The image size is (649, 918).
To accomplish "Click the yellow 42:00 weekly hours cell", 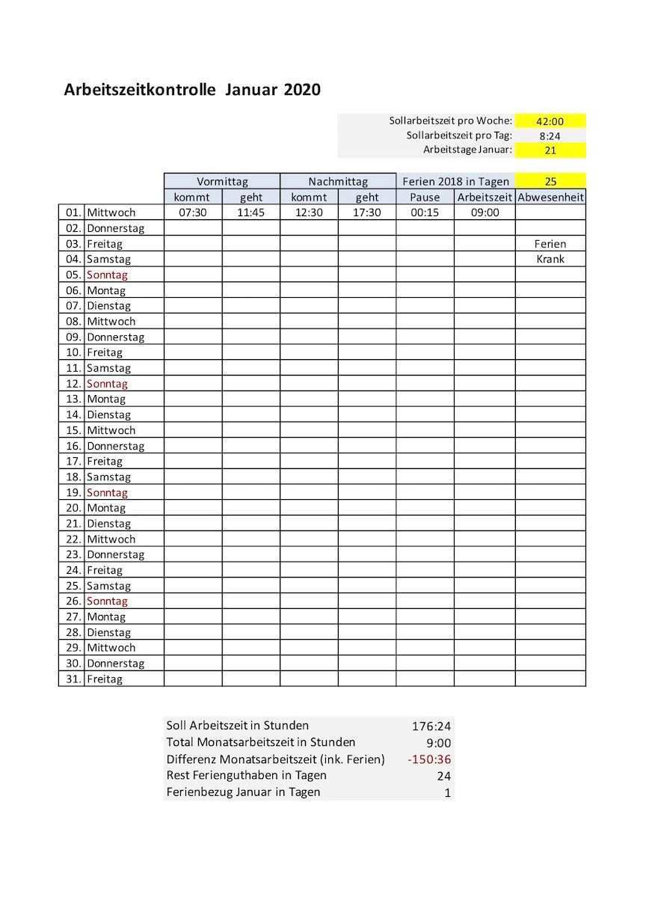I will [x=550, y=121].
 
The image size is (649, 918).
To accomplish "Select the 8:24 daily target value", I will [x=550, y=136].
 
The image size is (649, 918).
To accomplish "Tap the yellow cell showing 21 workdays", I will [x=550, y=150].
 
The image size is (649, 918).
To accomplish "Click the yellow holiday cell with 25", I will [x=550, y=181].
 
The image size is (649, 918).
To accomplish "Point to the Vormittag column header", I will [x=222, y=181].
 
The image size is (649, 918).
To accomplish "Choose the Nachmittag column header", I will [x=338, y=181].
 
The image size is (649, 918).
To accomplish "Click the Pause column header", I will [x=425, y=198].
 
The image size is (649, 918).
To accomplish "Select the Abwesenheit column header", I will [x=550, y=198].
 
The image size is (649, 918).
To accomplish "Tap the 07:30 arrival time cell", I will [x=193, y=212].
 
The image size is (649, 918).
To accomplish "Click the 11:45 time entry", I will [x=251, y=212].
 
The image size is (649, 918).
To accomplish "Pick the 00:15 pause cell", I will [x=425, y=212].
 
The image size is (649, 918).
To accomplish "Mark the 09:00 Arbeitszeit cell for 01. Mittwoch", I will [x=485, y=212].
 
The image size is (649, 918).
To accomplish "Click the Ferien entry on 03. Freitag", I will [x=550, y=244].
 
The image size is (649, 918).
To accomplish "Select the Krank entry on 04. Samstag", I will [x=550, y=260].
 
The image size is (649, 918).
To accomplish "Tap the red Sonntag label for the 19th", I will [x=107, y=493].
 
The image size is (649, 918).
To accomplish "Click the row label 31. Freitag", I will [x=105, y=679].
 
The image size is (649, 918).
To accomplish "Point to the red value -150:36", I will [x=429, y=759].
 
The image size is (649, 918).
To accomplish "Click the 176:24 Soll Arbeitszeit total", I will [x=431, y=726].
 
